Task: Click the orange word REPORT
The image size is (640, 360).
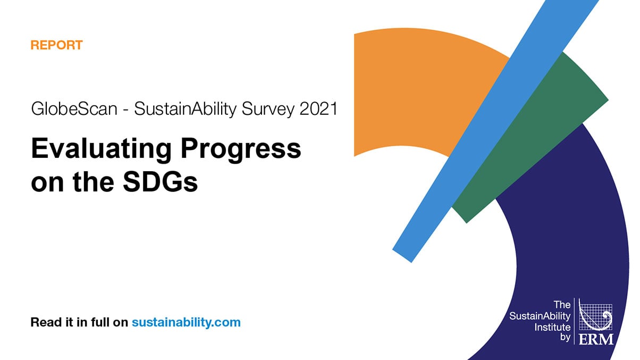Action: [x=56, y=45]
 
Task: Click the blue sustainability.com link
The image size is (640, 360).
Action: [x=186, y=322]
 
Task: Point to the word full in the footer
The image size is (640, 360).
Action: [x=99, y=322]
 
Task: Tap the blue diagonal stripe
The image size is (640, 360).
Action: [x=478, y=133]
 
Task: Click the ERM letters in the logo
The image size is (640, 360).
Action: [x=595, y=338]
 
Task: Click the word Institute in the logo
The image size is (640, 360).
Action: [x=552, y=326]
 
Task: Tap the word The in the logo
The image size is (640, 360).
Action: [x=562, y=305]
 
